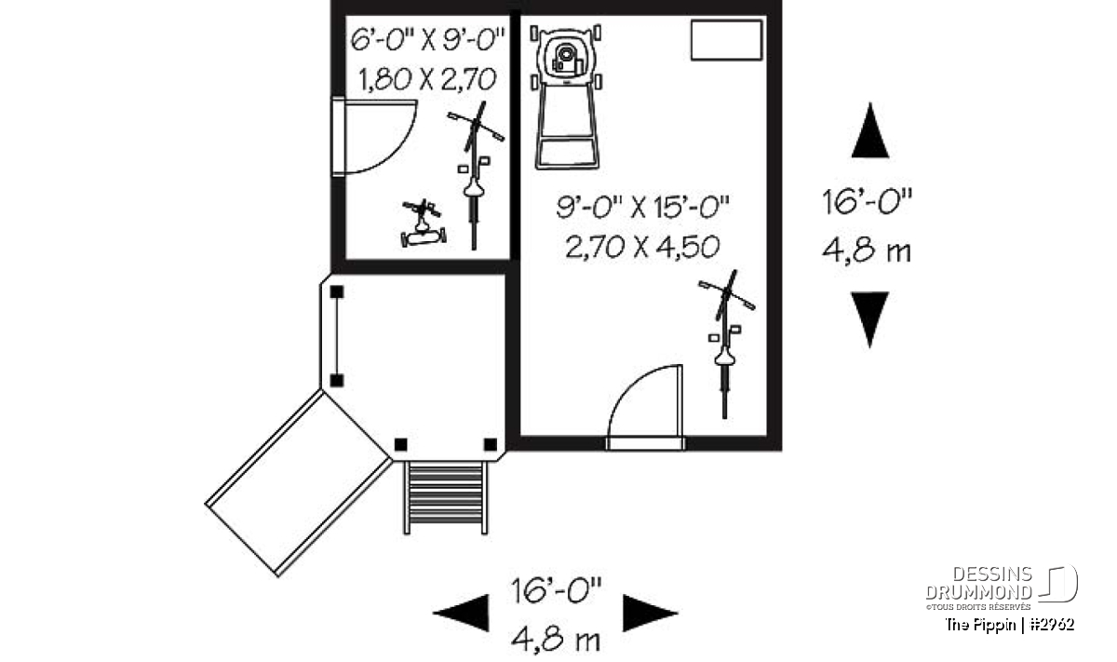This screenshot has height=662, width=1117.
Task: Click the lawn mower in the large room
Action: [567, 97]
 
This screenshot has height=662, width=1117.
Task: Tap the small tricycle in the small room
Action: [424, 223]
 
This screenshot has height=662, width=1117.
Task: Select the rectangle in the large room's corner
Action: [727, 40]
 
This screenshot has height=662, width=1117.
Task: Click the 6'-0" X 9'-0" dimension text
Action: [427, 40]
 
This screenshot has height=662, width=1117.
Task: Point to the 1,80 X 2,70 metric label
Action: [427, 80]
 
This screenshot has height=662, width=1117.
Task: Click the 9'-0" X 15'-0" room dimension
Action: [643, 207]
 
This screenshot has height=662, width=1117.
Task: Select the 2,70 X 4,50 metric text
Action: [643, 247]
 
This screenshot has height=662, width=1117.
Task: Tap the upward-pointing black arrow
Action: [870, 130]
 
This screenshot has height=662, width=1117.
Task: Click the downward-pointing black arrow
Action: [870, 319]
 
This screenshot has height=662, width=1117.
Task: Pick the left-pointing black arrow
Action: [461, 613]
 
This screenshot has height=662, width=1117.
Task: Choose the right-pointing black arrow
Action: [651, 613]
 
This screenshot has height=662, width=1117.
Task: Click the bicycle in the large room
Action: [727, 345]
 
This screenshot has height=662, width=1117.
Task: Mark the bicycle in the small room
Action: [476, 176]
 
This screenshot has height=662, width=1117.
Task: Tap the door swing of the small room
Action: [374, 136]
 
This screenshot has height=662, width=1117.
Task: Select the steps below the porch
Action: [445, 497]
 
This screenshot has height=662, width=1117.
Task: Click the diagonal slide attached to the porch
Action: [299, 483]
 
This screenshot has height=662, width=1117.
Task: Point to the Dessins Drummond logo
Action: [1002, 588]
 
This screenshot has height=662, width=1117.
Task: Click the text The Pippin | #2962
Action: [1010, 625]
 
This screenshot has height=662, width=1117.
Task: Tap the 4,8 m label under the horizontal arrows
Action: [556, 640]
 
